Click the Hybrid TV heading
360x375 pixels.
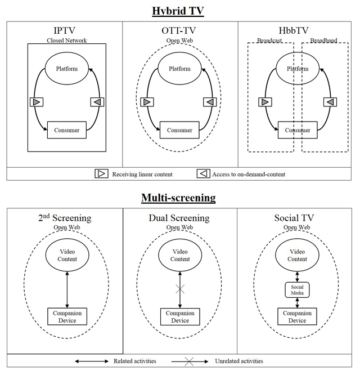[x=179, y=10]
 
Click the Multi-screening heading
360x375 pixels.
[x=179, y=198]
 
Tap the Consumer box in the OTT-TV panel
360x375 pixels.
[x=179, y=130]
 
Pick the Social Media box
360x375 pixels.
[x=297, y=290]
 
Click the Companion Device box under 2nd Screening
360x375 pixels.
[x=67, y=316]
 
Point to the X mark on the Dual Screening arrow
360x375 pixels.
[x=180, y=288]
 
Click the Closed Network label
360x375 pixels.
[x=67, y=41]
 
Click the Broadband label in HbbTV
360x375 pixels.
[x=323, y=41]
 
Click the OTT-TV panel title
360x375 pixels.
[x=180, y=30]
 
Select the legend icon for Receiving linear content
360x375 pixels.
[x=101, y=174]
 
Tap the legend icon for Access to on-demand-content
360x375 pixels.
[x=203, y=174]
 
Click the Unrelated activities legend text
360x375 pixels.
[x=238, y=361]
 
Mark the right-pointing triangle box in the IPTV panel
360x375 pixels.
[x=36, y=102]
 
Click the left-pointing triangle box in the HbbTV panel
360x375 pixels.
[x=330, y=102]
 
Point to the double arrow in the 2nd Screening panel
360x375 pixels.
[x=67, y=288]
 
